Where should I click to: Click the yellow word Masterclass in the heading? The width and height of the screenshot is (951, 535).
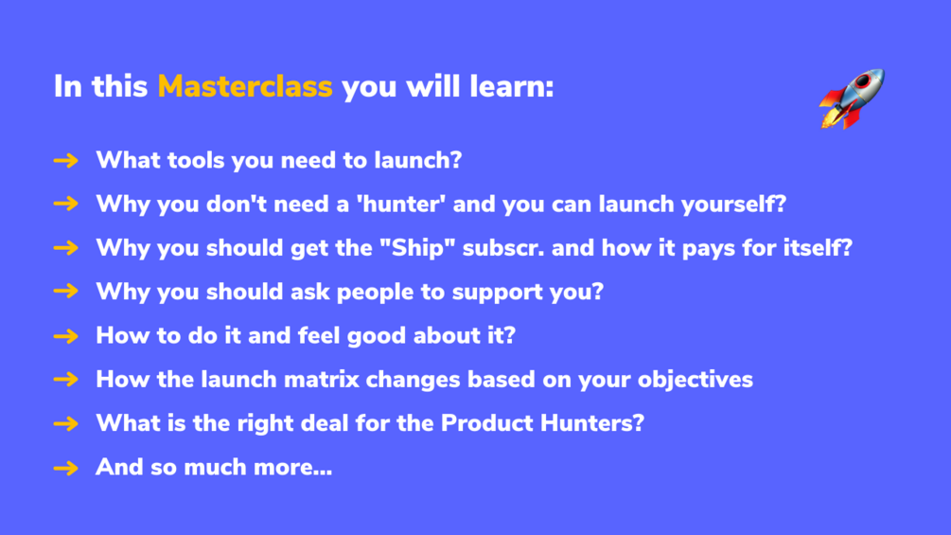pyautogui.click(x=245, y=86)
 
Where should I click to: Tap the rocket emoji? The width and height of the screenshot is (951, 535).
pyautogui.click(x=853, y=98)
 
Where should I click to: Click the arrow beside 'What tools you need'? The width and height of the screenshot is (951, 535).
pyautogui.click(x=65, y=161)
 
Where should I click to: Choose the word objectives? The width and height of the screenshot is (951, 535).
pyautogui.click(x=696, y=380)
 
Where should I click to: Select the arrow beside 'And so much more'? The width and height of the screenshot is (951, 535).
pyautogui.click(x=65, y=468)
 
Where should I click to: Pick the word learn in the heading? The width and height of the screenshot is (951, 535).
pyautogui.click(x=512, y=86)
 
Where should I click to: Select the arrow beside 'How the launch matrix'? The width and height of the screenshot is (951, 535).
pyautogui.click(x=65, y=380)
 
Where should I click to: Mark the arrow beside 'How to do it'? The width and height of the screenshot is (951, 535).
pyautogui.click(x=65, y=336)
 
